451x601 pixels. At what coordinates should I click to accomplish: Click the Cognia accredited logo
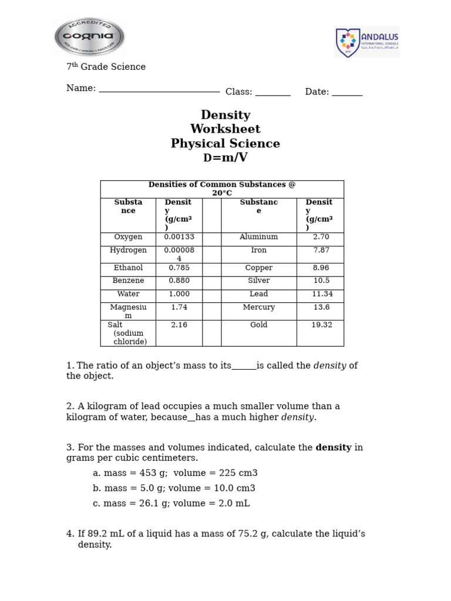click(89, 36)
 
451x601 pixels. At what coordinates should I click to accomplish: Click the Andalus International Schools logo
click(366, 42)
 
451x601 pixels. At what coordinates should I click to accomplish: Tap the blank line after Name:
click(159, 90)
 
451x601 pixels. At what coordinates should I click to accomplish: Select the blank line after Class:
click(272, 93)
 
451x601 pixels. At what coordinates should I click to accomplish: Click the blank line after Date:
click(347, 93)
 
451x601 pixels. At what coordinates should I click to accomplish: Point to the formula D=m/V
click(225, 158)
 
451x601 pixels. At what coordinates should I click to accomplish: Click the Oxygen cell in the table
click(128, 237)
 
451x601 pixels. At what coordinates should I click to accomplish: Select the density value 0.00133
click(179, 237)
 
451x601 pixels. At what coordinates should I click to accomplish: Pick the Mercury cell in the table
click(258, 308)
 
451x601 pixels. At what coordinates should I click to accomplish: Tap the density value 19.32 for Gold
click(322, 325)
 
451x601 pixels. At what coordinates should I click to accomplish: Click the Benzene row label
click(128, 281)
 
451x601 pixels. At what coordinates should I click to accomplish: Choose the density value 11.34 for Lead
click(322, 294)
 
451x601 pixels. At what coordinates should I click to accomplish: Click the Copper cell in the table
click(258, 268)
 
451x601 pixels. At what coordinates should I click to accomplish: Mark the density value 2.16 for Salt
click(179, 325)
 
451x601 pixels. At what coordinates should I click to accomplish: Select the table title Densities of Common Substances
click(222, 188)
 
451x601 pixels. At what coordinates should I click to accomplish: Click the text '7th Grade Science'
click(106, 67)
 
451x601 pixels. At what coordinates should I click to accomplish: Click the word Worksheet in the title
click(225, 129)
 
